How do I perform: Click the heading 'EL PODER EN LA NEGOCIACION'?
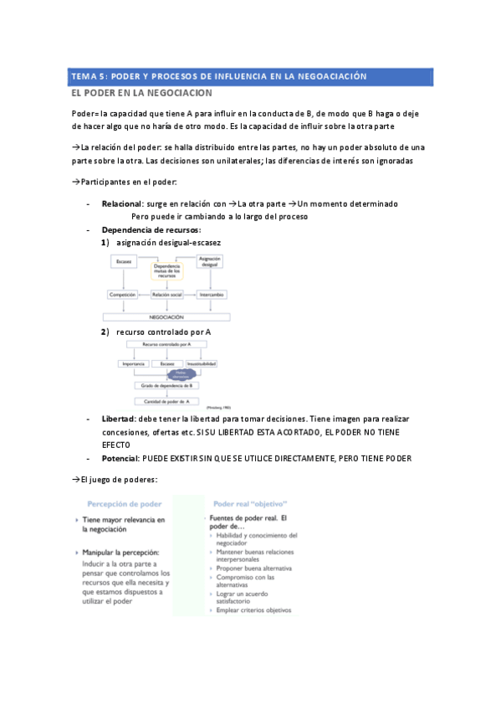click(142, 93)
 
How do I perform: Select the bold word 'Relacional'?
click(121, 203)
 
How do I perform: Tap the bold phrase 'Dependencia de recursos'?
click(151, 229)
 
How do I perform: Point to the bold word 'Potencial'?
click(120, 458)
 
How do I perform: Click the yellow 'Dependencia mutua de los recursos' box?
click(166, 270)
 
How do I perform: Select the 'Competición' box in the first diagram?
click(122, 295)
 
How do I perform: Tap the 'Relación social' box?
click(166, 295)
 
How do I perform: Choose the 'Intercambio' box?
click(210, 295)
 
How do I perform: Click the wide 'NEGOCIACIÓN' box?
click(166, 317)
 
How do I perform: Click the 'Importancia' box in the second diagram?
click(134, 363)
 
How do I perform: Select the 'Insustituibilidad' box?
click(202, 363)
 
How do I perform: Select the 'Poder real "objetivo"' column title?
click(250, 503)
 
